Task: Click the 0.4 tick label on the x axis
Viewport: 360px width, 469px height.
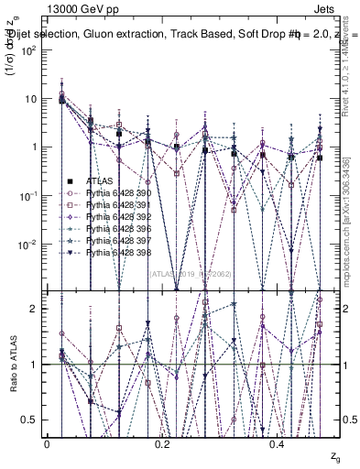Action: pos(279,444)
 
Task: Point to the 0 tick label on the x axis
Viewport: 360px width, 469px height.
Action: pos(47,444)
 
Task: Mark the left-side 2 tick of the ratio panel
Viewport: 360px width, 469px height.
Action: pos(36,309)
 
